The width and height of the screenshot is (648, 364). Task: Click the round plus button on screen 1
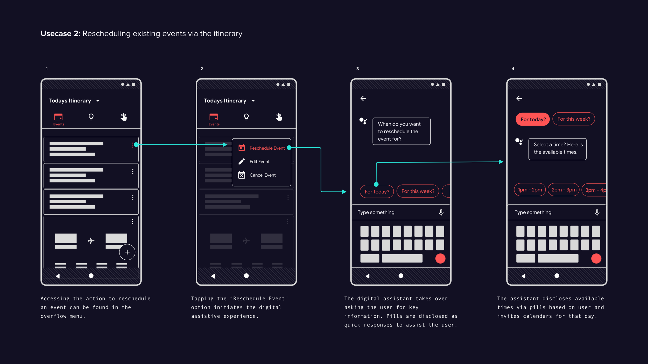click(127, 252)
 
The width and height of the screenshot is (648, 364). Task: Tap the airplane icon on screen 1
click(91, 241)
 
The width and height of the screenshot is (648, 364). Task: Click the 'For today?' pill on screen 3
click(377, 192)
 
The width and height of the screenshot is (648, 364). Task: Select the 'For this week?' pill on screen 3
click(418, 191)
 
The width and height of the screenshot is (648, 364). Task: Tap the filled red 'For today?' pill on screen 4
click(533, 119)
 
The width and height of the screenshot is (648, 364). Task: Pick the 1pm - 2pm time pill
click(530, 190)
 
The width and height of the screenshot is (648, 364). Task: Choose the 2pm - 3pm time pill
click(564, 190)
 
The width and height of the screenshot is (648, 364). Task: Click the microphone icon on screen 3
click(441, 213)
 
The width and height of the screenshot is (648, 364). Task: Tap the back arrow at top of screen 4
click(519, 98)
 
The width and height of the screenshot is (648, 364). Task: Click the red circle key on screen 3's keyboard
click(440, 258)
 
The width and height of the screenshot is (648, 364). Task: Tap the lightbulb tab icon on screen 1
click(91, 117)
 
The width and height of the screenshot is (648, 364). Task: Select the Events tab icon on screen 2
click(214, 117)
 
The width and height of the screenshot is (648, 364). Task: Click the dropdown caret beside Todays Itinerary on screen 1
click(98, 101)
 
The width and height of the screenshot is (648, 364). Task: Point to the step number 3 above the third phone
click(357, 69)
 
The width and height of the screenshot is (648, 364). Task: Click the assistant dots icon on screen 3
click(363, 121)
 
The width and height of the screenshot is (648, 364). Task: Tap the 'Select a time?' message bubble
click(558, 149)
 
